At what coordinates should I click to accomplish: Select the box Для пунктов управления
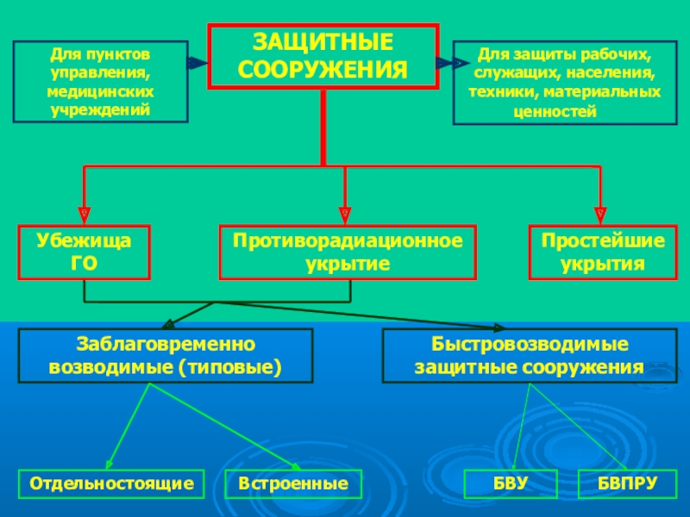[x=100, y=81]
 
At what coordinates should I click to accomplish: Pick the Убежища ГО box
[x=85, y=252]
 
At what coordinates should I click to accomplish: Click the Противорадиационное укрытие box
[x=347, y=252]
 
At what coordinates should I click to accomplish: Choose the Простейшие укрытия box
[x=602, y=252]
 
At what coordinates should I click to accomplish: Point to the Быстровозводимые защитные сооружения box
[x=528, y=355]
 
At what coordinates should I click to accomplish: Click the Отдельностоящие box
[x=112, y=484]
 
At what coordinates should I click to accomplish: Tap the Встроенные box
[x=293, y=484]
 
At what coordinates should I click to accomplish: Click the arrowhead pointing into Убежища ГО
[x=85, y=213]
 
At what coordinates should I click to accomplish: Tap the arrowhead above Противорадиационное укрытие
[x=345, y=213]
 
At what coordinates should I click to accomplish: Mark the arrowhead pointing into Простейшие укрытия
[x=599, y=213]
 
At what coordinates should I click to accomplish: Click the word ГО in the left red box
[x=85, y=263]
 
